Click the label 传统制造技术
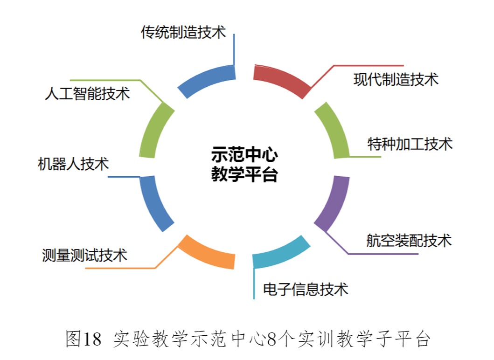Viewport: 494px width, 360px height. pos(183,32)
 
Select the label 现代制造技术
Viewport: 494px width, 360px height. pos(396,79)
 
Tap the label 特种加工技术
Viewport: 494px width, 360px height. pos(410,144)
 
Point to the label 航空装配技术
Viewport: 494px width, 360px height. pos(409,241)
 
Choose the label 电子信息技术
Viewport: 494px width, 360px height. pos(306,289)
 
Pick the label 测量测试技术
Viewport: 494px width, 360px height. pos(84,255)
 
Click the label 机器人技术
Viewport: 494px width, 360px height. pos(73,164)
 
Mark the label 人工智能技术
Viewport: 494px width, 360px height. pos(87,94)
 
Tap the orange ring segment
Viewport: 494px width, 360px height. pos(207,252)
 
